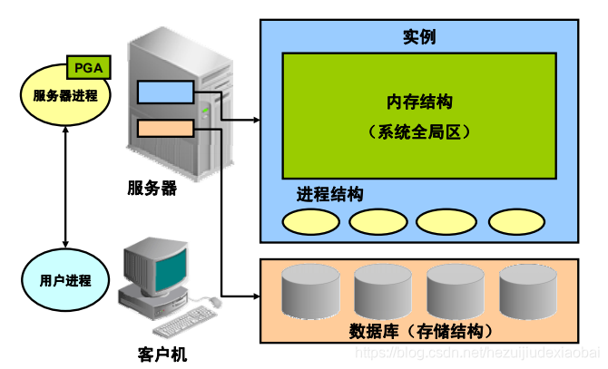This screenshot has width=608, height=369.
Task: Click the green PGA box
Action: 89,68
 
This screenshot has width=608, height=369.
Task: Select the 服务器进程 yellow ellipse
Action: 64,94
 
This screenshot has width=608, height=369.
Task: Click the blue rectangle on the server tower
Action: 165,92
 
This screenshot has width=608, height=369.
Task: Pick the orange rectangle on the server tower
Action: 165,127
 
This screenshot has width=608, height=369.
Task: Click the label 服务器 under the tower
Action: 152,189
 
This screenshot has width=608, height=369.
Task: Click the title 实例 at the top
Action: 418,37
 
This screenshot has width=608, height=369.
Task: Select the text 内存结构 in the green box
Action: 419,100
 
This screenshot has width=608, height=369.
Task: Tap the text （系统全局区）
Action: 419,131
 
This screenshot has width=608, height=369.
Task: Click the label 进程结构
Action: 329,194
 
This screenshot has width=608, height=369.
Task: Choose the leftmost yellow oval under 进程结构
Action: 311,221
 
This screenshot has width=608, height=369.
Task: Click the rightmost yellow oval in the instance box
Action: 517,221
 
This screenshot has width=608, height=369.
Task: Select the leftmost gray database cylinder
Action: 310,290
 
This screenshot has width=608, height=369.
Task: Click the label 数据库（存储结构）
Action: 420,329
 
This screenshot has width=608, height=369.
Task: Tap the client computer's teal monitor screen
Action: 156,262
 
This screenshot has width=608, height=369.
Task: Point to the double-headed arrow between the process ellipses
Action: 64,187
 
